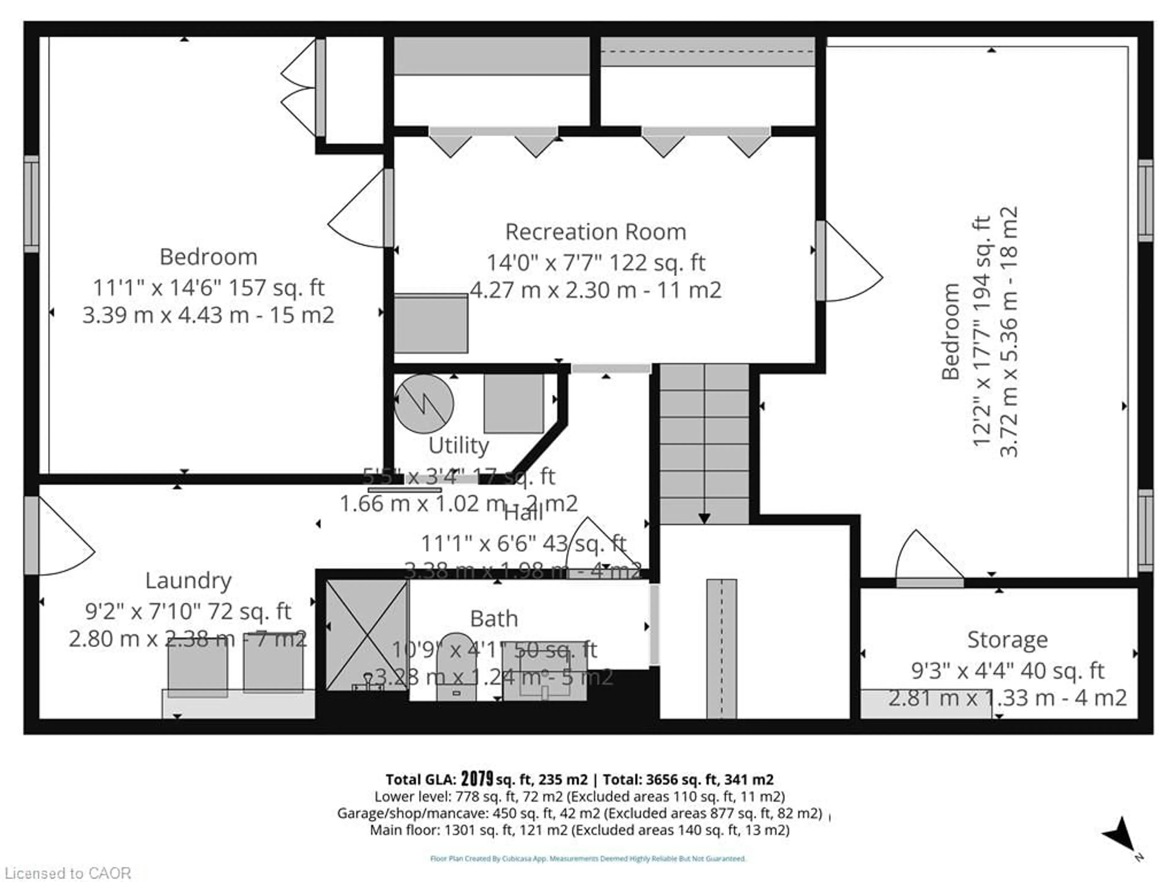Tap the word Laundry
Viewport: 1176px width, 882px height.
188,581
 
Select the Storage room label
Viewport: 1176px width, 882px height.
1007,639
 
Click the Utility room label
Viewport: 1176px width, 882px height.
458,446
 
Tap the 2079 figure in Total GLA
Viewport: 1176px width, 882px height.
477,779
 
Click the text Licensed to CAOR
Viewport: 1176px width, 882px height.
67,873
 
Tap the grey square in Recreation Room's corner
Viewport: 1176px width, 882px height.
431,323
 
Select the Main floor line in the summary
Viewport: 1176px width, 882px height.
579,830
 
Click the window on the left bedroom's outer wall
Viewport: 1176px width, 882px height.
31,204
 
